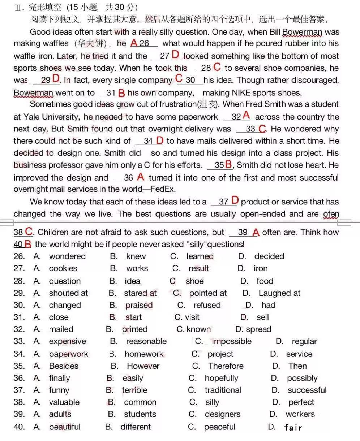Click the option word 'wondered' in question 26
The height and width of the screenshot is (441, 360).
(67, 256)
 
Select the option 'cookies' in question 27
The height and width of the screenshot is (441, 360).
(63, 268)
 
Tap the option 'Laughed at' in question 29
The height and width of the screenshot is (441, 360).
(279, 293)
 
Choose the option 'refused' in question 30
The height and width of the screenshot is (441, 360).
(207, 305)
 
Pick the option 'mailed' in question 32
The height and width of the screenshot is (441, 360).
(61, 329)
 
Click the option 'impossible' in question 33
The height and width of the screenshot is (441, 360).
(231, 341)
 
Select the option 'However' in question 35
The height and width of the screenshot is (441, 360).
(143, 366)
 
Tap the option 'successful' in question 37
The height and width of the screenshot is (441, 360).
(307, 390)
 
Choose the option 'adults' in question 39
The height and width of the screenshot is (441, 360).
(60, 414)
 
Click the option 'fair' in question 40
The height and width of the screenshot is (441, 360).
(293, 428)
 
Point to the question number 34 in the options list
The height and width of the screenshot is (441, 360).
(19, 354)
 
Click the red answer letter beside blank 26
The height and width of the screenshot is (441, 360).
(134, 43)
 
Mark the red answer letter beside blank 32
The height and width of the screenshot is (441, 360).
(247, 116)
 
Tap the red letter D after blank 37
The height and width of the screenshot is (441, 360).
(235, 200)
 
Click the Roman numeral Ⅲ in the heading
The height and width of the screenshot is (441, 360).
(17, 8)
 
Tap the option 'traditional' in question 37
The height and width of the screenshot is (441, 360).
(223, 390)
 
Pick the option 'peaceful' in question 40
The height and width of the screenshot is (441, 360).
(219, 427)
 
